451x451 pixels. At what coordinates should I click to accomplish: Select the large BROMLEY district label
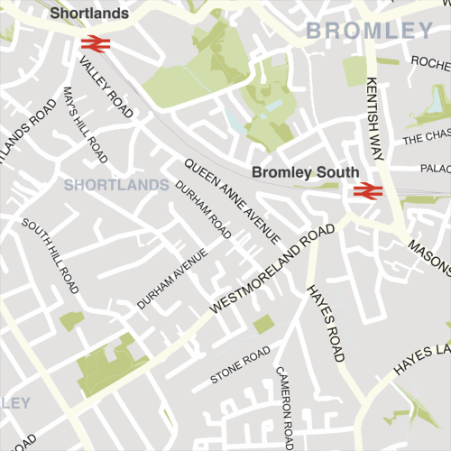[x=370, y=32]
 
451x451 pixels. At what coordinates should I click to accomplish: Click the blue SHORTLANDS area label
[x=117, y=185]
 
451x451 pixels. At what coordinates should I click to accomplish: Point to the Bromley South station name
[x=305, y=171]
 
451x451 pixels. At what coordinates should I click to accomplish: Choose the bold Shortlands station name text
[x=89, y=14]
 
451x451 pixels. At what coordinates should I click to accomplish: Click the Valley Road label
[x=106, y=87]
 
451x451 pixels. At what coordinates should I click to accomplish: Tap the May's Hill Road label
[x=85, y=124]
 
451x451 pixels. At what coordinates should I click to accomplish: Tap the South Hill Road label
[x=53, y=255]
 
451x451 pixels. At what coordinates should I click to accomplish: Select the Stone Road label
[x=240, y=364]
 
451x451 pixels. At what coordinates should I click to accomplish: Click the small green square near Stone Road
[x=263, y=325]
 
